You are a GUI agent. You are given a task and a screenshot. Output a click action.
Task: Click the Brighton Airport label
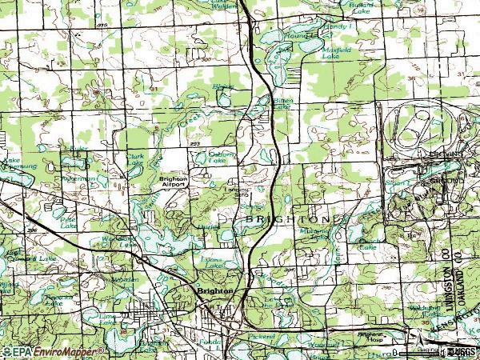point(173,182)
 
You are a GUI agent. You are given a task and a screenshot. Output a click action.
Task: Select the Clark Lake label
point(135,161)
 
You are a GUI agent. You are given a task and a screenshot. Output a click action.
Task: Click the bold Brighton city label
point(214,291)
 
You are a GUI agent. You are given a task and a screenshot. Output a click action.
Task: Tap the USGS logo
point(458,352)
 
